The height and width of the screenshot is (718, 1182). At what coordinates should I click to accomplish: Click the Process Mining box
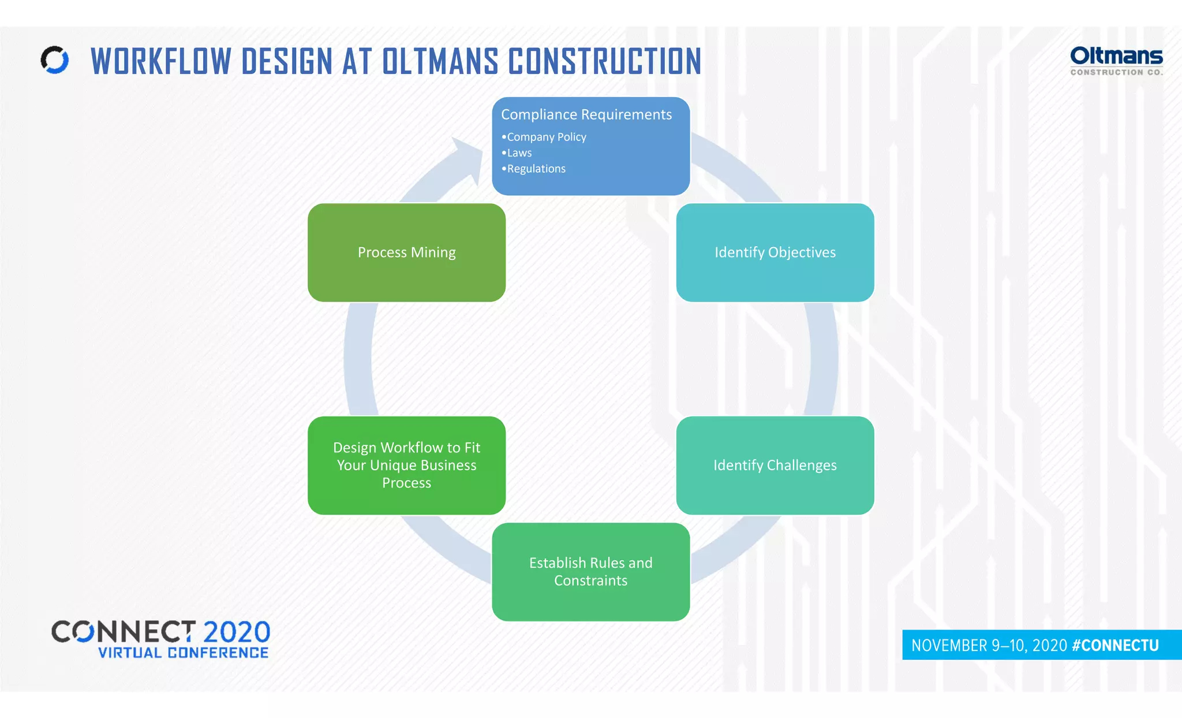406,252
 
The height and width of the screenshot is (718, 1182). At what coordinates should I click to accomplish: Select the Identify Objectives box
775,252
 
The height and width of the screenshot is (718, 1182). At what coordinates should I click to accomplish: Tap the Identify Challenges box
775,465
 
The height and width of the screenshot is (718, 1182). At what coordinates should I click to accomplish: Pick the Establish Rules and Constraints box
590,571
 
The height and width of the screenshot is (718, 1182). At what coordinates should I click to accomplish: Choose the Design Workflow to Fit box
406,465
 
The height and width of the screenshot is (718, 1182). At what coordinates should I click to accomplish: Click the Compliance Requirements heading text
586,114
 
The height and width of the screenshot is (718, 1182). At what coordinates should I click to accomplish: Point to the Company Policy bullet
546,137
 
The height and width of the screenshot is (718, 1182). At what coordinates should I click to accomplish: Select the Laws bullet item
519,153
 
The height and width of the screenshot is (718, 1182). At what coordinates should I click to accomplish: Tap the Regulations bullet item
536,169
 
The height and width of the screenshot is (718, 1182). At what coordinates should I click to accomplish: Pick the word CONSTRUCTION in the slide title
604,61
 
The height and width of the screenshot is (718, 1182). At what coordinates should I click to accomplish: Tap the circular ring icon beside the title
55,59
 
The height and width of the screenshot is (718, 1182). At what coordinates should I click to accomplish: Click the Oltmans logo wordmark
1116,56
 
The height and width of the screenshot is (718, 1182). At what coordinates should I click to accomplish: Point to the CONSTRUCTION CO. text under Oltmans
1116,72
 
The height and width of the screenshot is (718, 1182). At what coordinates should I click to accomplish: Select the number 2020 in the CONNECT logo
237,632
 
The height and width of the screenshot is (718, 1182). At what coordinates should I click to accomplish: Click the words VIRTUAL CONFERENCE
183,653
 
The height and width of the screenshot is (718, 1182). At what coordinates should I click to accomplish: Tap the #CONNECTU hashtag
1115,645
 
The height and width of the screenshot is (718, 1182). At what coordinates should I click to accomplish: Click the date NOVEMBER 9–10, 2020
989,645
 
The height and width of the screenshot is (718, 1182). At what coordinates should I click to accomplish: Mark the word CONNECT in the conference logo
124,632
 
